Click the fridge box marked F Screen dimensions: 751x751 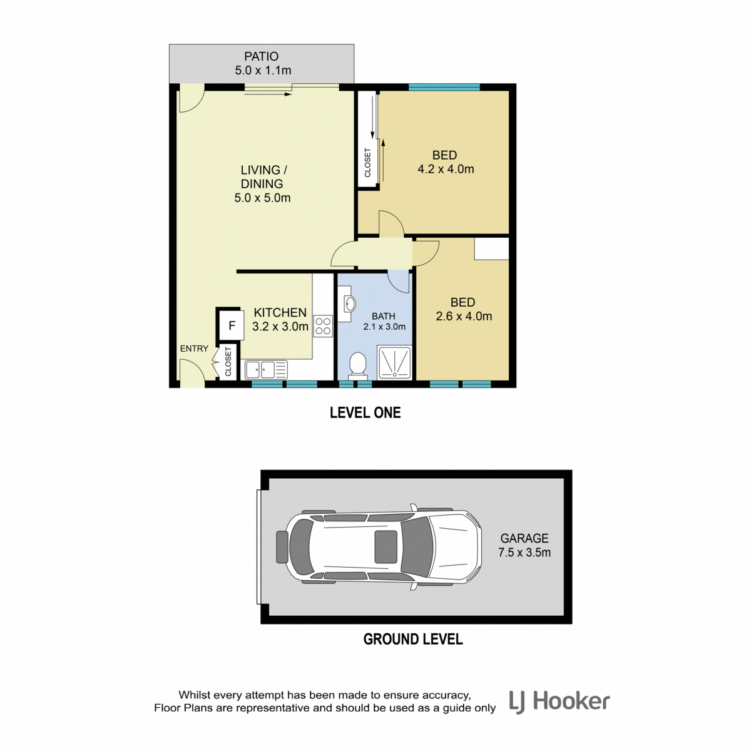[232, 325]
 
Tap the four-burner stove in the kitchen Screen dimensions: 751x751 [323, 326]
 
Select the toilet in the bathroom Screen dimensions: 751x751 [357, 365]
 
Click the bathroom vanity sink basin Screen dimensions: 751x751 [350, 304]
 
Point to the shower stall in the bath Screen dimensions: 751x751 [394, 362]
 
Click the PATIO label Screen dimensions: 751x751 [261, 56]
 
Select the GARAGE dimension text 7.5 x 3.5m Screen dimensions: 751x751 [524, 552]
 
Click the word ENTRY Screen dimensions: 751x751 [194, 349]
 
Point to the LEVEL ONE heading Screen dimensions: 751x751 [365, 412]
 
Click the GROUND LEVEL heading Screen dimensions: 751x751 [413, 639]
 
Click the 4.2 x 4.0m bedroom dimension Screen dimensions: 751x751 [446, 169]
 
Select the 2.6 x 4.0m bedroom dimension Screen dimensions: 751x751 [464, 316]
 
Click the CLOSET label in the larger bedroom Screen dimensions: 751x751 [367, 163]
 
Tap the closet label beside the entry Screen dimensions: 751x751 [228, 361]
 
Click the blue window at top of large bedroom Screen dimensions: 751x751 [444, 87]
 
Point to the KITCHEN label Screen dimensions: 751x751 [280, 312]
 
